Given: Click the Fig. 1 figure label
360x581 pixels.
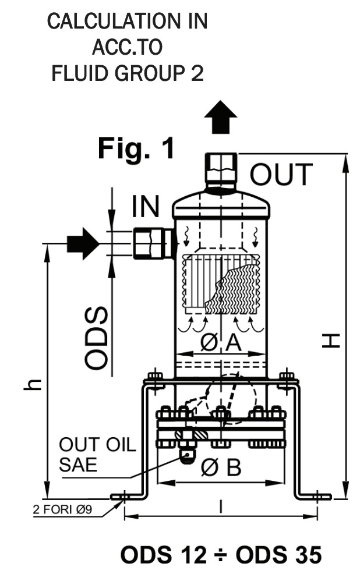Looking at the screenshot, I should pos(136,149).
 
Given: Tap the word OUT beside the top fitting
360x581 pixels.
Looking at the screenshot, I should pos(281,173).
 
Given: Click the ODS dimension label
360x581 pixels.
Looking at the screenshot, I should pos(97,338).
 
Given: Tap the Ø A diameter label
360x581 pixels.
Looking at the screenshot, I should pos(221,344).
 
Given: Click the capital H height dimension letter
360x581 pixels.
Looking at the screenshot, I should pos(330,339).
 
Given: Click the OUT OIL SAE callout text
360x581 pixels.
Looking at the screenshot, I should pos(97,456).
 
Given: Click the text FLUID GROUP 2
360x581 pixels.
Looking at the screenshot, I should pos(128,74).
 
